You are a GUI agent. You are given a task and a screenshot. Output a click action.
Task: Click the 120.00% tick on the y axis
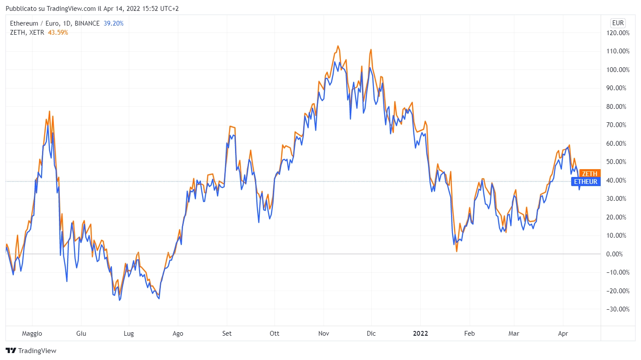(618, 33)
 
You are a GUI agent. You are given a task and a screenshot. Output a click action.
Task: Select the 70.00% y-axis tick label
(618, 125)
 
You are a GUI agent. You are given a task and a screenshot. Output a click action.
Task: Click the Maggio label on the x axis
(32, 334)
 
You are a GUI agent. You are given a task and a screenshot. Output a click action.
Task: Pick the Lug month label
(129, 334)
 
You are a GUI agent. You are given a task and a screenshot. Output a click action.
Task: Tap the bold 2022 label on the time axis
(420, 334)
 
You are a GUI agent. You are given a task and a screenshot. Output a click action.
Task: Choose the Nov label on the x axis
(324, 334)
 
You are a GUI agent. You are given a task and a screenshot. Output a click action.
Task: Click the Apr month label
(563, 334)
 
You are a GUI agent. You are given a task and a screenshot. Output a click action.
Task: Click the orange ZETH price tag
(589, 173)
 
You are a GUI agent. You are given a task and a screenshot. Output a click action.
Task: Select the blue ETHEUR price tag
(585, 182)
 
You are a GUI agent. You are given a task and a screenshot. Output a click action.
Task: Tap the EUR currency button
(618, 23)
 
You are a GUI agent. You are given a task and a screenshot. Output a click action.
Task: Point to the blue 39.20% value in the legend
(114, 23)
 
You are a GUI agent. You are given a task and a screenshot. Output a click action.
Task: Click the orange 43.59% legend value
(58, 33)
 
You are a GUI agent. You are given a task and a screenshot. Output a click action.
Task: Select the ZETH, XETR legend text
(27, 33)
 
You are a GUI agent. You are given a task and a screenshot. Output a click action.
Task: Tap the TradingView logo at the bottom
(31, 350)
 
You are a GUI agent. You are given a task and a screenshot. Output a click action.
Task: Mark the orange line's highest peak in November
(338, 46)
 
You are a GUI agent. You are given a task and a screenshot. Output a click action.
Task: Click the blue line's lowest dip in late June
(120, 300)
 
